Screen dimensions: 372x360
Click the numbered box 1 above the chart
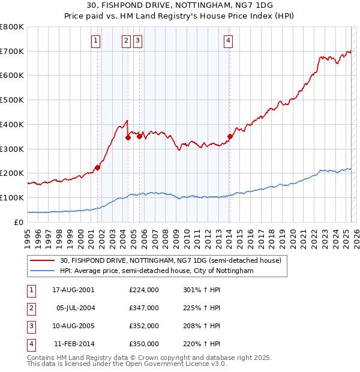point(96,41)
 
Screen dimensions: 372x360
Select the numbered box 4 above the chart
point(229,41)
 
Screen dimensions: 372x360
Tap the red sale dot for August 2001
point(98,167)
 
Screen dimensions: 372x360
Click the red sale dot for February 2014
point(230,136)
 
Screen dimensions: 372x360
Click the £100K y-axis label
point(12,197)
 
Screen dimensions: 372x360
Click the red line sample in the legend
point(43,260)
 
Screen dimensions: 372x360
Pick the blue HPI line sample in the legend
point(43,271)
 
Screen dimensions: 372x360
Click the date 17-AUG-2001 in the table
point(74,290)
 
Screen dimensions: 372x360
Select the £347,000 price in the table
point(144,308)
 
